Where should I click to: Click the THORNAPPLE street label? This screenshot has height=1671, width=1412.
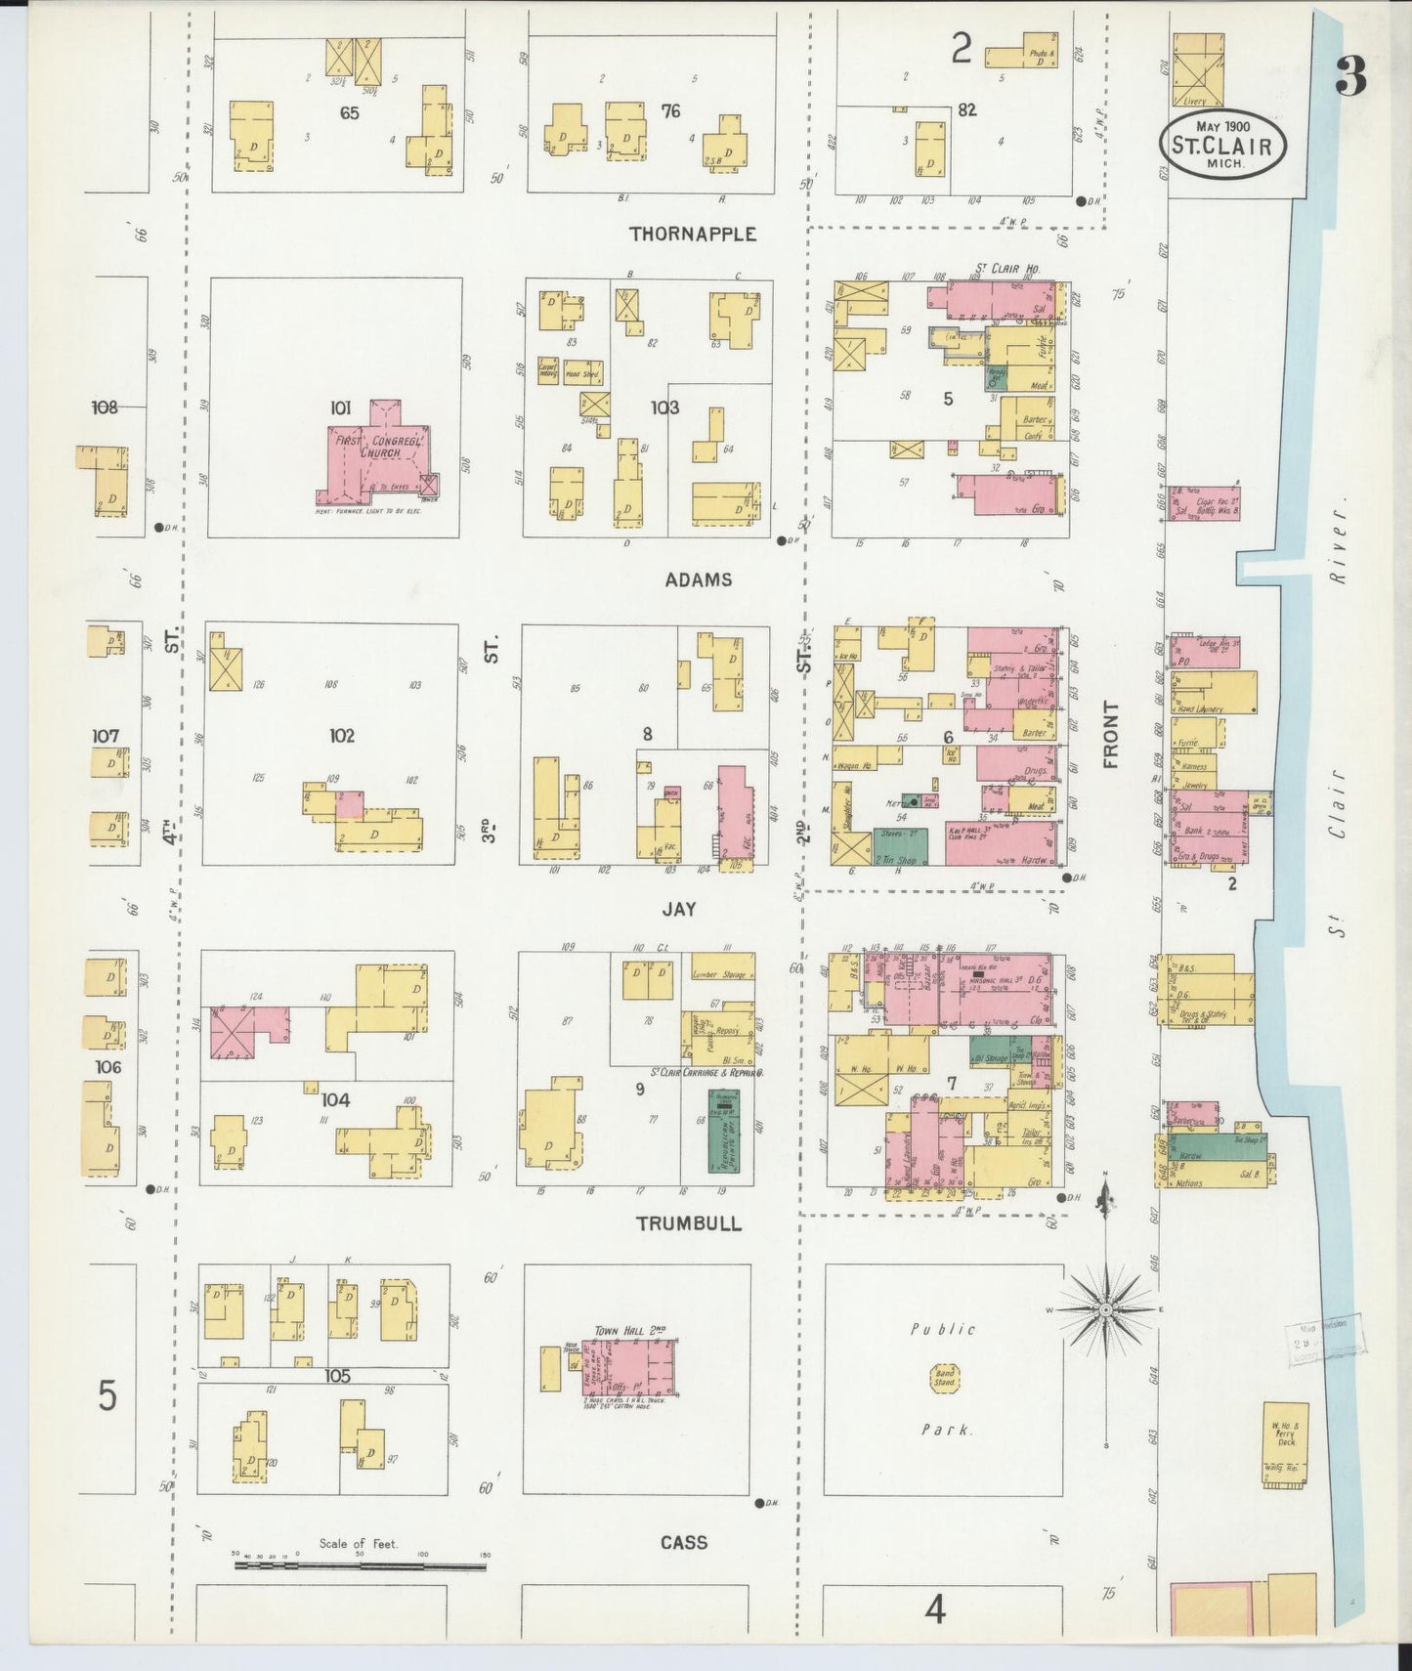click(x=693, y=235)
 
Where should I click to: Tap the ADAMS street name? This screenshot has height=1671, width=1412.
click(x=698, y=579)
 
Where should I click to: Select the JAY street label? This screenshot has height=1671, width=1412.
click(x=679, y=909)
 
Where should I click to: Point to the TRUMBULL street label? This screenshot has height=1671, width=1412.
click(x=688, y=1223)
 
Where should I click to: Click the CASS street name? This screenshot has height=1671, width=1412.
click(x=683, y=1542)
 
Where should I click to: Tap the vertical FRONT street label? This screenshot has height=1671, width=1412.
click(x=1110, y=735)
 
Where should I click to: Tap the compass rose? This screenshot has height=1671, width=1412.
click(x=1105, y=1308)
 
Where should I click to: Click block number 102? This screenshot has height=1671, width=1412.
click(x=341, y=736)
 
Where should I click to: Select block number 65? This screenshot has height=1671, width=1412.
click(x=349, y=113)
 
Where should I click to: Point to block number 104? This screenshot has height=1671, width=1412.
click(x=335, y=1100)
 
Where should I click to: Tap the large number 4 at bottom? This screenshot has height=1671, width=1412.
click(x=935, y=1608)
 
